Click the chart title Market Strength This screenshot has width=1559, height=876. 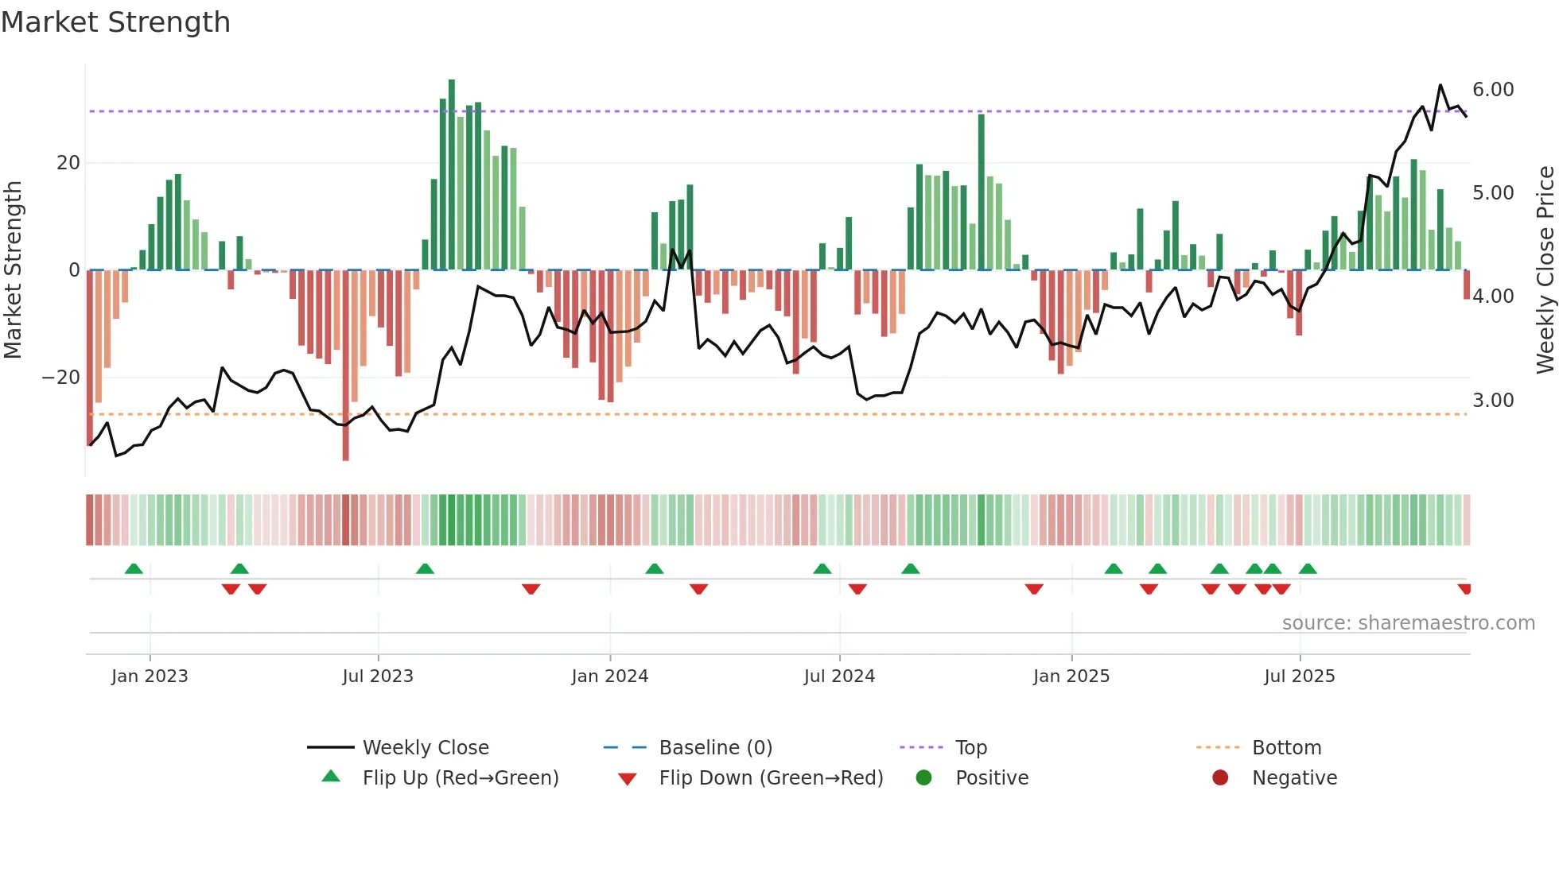[115, 22]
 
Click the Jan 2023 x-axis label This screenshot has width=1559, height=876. [150, 676]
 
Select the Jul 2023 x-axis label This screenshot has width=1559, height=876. [378, 676]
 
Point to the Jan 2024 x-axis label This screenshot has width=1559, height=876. [610, 676]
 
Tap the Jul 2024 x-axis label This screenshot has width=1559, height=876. [839, 676]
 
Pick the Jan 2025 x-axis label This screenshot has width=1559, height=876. [1071, 676]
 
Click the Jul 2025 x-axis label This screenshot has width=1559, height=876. [1300, 676]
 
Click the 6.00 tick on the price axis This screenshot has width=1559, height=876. [1493, 90]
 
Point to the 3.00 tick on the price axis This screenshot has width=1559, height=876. [1493, 401]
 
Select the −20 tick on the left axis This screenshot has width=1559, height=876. [61, 378]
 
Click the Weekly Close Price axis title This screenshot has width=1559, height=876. [1545, 270]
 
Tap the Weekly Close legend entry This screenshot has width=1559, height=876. [426, 748]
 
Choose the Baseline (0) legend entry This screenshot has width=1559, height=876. [715, 748]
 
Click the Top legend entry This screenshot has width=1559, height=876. [970, 748]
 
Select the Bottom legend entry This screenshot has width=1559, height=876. [1286, 748]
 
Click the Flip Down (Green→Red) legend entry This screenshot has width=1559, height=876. [770, 778]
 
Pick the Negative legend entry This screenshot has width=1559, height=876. [1294, 778]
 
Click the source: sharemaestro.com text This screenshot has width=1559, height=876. [1408, 623]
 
